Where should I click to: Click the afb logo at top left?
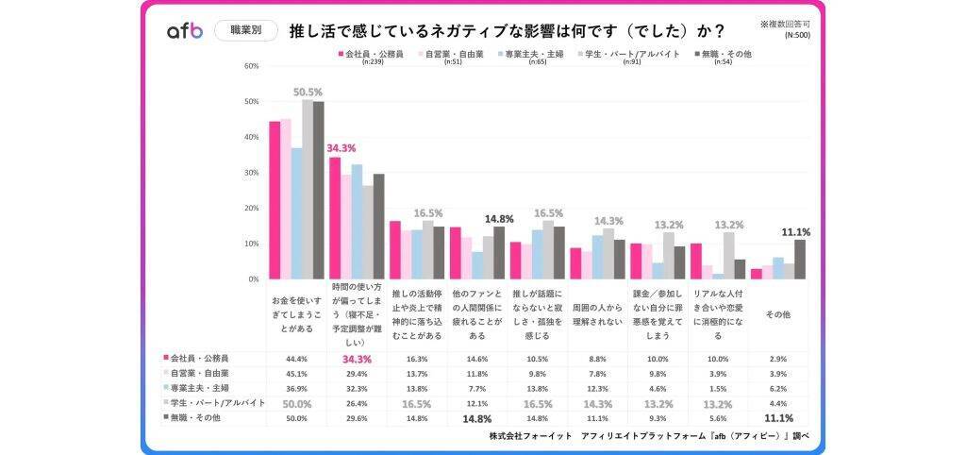185,31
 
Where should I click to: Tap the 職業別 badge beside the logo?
245,30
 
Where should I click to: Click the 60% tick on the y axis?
251,66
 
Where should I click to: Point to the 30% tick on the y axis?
251,173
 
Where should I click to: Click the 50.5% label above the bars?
308,93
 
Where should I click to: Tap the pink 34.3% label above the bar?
341,149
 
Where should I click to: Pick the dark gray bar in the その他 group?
800,260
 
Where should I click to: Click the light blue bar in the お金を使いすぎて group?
296,213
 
